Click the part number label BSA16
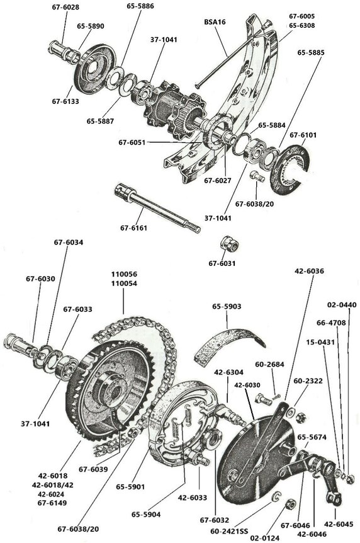tap(215, 21)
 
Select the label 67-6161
tap(134, 227)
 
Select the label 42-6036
tap(309, 271)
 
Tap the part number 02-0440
tap(342, 305)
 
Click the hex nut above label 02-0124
tap(291, 504)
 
